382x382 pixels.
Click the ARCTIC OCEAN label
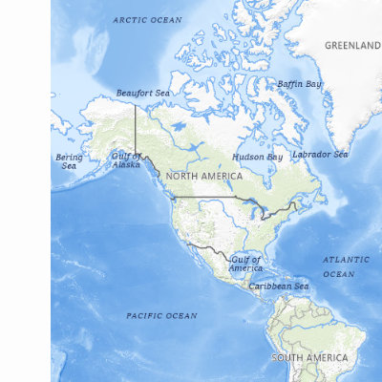pos(146,19)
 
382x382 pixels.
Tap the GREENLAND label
pos(351,45)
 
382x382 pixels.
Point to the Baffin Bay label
pos(299,84)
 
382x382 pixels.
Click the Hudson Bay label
pos(257,157)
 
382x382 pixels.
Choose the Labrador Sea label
pos(320,154)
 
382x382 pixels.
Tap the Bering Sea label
pos(69,160)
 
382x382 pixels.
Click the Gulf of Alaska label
pos(126,159)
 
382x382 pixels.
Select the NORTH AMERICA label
pos(203,176)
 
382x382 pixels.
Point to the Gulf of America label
pos(245,264)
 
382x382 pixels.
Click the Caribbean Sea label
pos(279,286)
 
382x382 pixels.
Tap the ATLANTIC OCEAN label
pos(338,266)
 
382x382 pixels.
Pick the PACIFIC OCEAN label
pos(161,315)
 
